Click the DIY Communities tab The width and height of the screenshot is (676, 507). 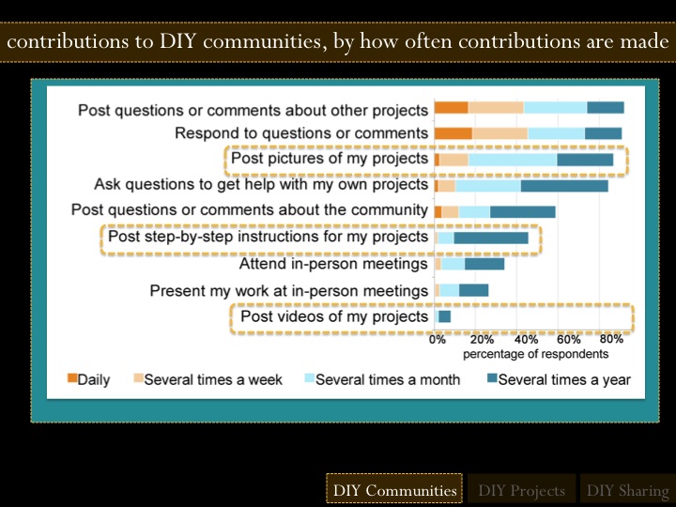tap(394, 490)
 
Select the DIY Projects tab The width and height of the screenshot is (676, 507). tap(521, 490)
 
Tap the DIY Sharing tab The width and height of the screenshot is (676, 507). tap(627, 490)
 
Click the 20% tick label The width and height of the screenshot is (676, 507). tap(482, 339)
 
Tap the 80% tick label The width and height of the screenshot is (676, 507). tap(611, 339)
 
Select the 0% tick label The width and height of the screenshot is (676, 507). tap(438, 339)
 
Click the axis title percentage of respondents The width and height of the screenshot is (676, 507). tap(535, 354)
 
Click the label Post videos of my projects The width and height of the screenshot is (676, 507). tap(334, 317)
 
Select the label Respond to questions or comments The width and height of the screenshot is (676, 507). tap(301, 133)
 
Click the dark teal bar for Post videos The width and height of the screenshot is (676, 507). tap(444, 317)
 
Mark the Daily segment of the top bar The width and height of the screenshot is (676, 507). tap(451, 108)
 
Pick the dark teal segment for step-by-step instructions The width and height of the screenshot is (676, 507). tap(491, 238)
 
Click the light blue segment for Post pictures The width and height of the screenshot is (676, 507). tap(512, 160)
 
